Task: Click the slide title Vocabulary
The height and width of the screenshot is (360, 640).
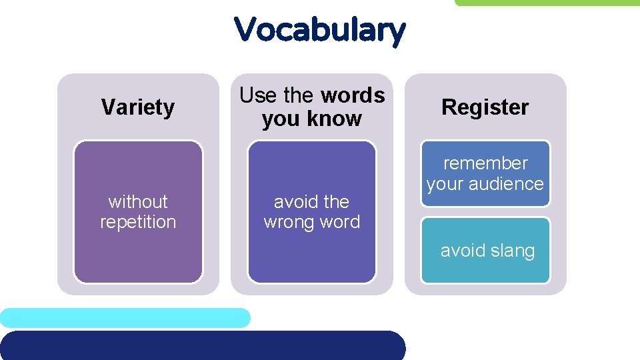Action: (319, 30)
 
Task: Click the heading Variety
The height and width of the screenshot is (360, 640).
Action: (138, 107)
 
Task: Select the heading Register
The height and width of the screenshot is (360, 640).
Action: (485, 107)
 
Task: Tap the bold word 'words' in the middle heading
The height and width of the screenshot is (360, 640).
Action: (353, 96)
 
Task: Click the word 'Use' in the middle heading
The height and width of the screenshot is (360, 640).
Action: (258, 96)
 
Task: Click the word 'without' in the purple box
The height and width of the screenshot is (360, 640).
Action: (138, 201)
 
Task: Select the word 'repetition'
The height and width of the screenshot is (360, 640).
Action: (138, 222)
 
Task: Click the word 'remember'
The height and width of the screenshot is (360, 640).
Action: (485, 163)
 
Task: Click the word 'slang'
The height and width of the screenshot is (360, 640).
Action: (512, 251)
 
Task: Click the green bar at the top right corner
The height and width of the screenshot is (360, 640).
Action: (547, 3)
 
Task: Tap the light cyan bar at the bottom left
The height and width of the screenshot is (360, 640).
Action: (125, 317)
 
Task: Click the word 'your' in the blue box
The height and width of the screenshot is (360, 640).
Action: (444, 184)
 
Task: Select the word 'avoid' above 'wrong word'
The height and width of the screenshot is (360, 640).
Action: (293, 201)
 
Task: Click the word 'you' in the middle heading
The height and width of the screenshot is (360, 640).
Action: (279, 119)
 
